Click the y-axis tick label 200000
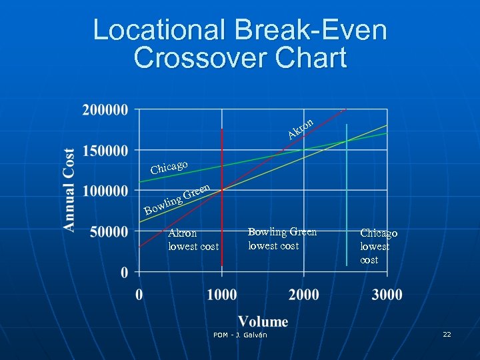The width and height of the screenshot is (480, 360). pos(105,110)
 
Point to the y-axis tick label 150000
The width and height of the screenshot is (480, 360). pos(105,151)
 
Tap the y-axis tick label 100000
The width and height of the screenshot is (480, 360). pos(105,191)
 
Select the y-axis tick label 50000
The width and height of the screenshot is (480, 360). pos(109,232)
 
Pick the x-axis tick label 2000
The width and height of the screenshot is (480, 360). pos(304,294)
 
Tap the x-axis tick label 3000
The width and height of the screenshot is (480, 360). pos(387,294)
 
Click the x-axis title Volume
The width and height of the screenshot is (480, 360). pos(263,321)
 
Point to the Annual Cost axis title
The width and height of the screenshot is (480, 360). pos(69,190)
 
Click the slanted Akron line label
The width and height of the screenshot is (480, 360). pos(301,129)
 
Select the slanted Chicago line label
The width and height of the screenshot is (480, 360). pos(169,166)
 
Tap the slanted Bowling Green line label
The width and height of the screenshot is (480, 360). pos(178,201)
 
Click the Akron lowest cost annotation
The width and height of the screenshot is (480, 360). pos(193,240)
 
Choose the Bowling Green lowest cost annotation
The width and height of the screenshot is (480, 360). pos(282,239)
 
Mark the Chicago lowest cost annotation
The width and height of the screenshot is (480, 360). pos(379,246)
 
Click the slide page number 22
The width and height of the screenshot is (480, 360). pos(447,334)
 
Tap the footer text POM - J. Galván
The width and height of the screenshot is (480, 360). pos(240,335)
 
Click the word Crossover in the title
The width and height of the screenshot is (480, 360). pos(197,57)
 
